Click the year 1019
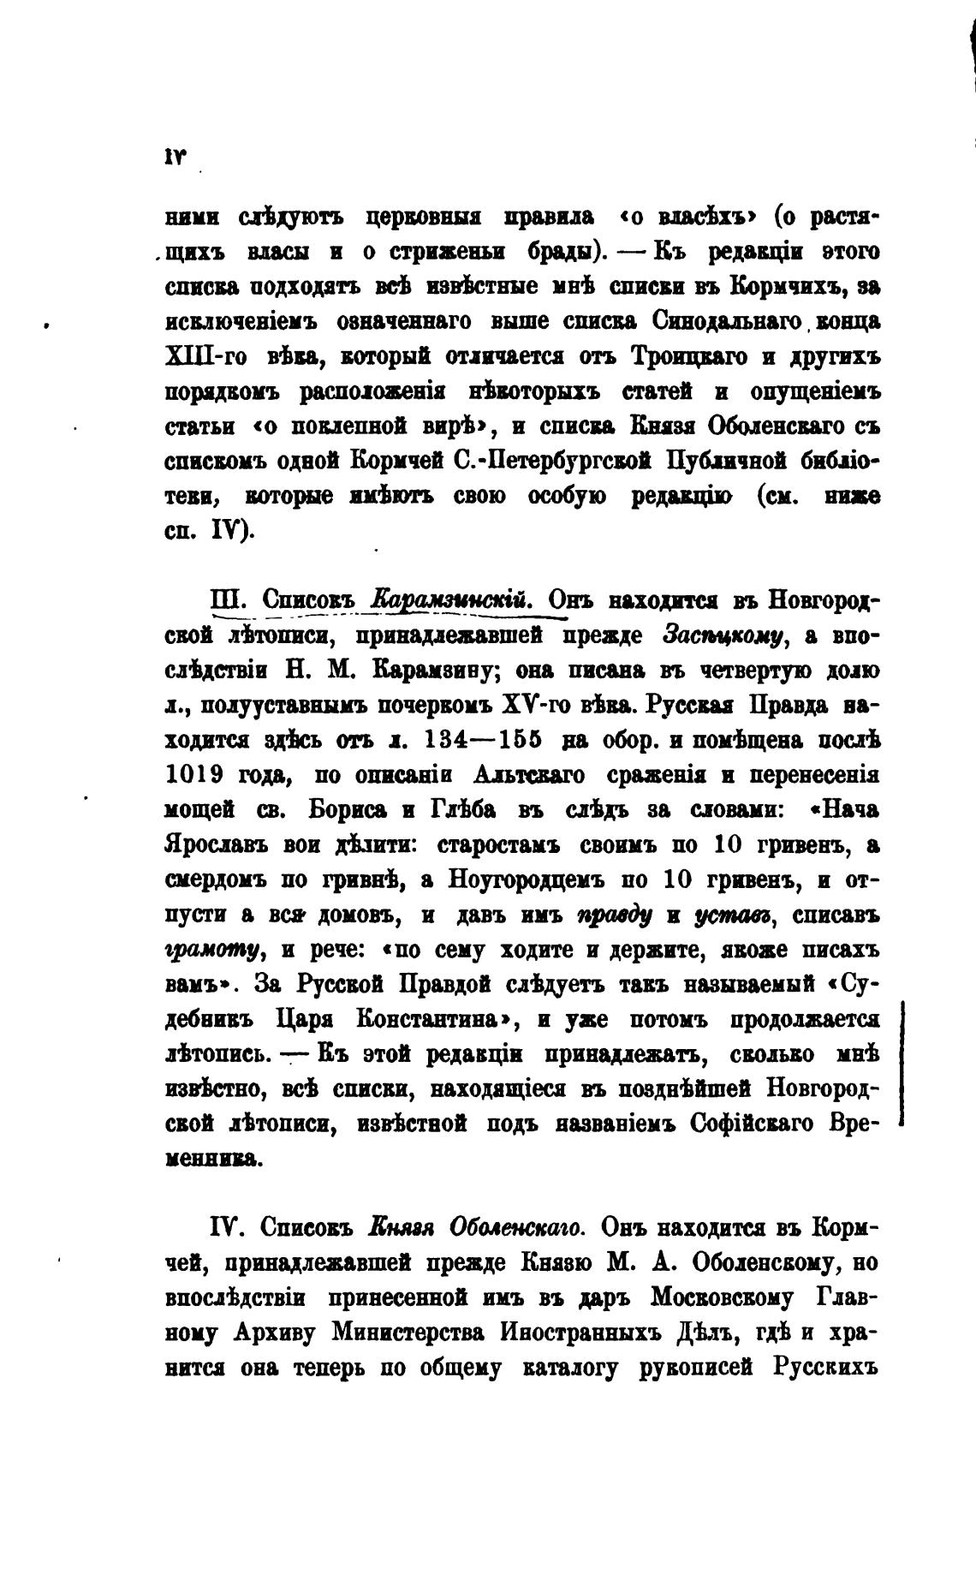[x=193, y=775]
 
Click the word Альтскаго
[x=528, y=775]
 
